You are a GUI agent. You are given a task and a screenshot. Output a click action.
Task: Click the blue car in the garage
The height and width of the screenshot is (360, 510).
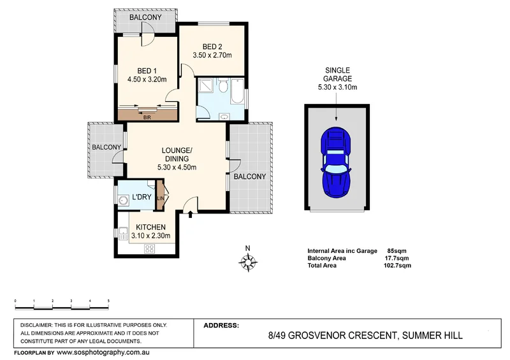click(x=337, y=162)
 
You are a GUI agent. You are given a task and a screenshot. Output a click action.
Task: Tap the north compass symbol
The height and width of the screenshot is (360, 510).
click(x=248, y=261)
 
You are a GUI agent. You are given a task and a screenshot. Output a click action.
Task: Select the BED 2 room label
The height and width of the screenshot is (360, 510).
click(x=212, y=47)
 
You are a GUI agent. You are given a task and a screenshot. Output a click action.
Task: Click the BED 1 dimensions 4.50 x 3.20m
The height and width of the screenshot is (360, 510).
click(x=147, y=79)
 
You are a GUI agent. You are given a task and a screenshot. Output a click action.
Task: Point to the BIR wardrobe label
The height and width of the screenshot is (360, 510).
click(x=147, y=117)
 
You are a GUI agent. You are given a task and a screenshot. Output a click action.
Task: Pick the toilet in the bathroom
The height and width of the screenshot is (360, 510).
click(x=223, y=85)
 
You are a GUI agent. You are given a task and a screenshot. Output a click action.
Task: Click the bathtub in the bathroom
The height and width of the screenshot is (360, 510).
click(x=237, y=90)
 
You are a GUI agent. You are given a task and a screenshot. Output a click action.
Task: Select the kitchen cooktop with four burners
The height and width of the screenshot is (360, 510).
click(x=149, y=248)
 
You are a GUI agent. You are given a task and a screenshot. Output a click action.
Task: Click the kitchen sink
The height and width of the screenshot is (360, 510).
click(x=123, y=233)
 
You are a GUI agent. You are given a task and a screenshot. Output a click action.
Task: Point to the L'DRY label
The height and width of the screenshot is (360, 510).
click(x=142, y=197)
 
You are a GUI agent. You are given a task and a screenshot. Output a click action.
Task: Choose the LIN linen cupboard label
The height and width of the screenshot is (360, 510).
click(x=161, y=198)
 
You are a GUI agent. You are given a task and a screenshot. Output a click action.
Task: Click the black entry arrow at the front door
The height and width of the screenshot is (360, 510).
click(x=191, y=214)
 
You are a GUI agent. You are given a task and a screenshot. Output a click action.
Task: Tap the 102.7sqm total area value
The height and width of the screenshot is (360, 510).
click(x=397, y=265)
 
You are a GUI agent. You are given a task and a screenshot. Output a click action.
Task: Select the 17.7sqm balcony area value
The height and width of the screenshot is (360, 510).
click(x=397, y=258)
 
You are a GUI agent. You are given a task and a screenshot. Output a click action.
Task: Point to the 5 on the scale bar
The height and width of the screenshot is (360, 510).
click(x=108, y=301)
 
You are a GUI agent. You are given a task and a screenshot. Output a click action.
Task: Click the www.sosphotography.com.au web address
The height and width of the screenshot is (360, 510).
click(x=103, y=352)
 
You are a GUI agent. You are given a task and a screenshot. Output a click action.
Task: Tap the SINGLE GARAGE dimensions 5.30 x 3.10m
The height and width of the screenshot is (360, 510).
click(x=337, y=87)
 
